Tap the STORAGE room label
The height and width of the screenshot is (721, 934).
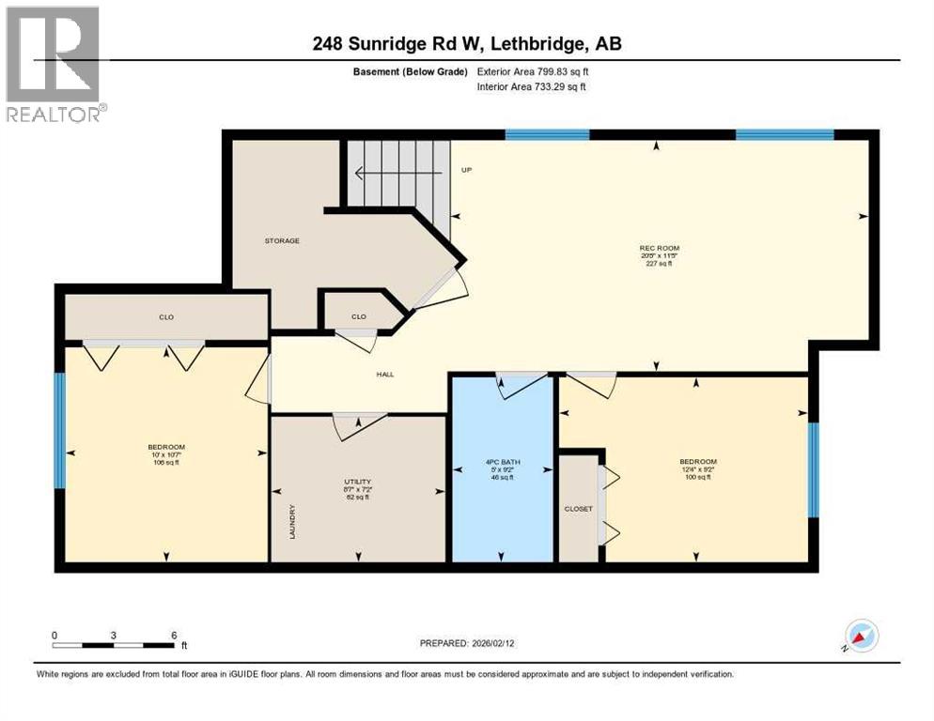tap(281, 241)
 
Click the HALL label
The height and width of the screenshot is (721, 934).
tap(385, 375)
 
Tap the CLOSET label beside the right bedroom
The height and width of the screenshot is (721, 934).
tap(578, 509)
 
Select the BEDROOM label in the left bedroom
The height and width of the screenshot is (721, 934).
tap(166, 447)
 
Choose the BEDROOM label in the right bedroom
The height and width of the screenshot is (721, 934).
tap(698, 462)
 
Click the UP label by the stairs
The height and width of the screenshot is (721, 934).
tap(466, 170)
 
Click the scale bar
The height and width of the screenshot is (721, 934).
tap(114, 645)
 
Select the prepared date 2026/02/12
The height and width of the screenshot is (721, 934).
tap(467, 644)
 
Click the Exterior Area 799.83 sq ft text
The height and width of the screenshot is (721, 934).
tap(534, 71)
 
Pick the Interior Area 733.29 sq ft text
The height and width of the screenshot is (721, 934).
tap(534, 87)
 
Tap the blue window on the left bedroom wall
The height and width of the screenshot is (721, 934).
tap(60, 431)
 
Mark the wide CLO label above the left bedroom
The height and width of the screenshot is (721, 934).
tap(166, 317)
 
